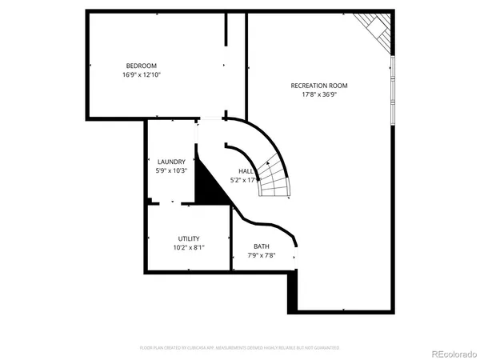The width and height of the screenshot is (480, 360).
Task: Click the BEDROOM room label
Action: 141,66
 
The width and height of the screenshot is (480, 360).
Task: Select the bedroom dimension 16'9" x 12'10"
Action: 141,75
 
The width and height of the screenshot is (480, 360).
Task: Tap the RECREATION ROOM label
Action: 318,84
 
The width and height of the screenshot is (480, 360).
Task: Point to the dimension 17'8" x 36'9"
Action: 318,94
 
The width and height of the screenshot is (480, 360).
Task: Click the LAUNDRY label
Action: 171,161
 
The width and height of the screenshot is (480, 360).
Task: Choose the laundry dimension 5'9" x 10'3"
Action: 171,170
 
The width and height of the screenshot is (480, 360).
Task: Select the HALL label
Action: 246,171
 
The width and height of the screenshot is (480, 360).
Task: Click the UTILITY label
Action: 189,238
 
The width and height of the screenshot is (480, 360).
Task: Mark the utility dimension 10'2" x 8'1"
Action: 189,248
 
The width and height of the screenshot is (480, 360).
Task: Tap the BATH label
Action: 262,246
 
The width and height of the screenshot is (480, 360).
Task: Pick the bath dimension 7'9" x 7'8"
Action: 262,256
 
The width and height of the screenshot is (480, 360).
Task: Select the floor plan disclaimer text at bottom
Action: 240,348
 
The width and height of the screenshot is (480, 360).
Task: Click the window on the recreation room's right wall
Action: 392,88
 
